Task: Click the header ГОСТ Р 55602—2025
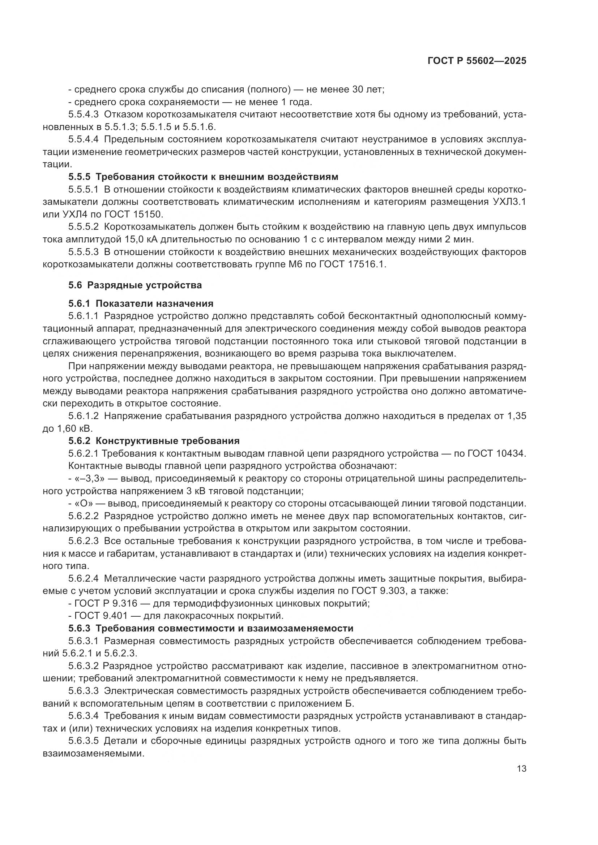pos(477,61)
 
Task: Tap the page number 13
pos(521,769)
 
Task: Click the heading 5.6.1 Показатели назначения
pos(141,303)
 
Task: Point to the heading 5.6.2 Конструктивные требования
pos(154,440)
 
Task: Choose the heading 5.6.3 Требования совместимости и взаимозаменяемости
pos(211,628)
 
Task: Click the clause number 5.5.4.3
pos(83,115)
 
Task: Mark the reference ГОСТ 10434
pos(496,453)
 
